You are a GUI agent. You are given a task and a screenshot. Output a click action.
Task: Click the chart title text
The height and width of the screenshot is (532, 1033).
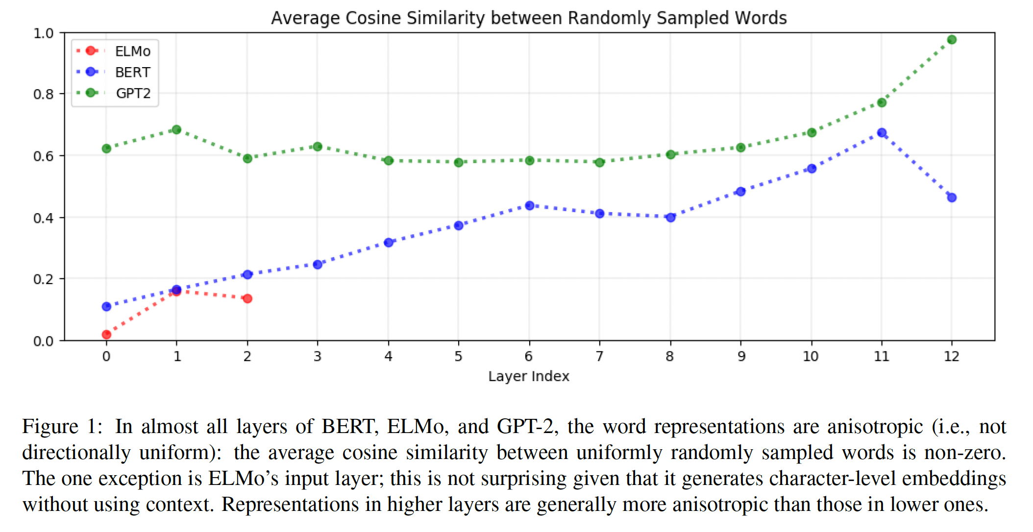pos(529,18)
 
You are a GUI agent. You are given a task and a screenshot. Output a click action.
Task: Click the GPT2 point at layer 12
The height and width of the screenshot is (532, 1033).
pos(952,40)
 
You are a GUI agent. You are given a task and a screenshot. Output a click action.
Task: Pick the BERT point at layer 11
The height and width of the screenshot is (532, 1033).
pos(882,133)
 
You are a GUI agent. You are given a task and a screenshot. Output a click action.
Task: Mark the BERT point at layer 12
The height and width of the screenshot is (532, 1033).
pos(952,198)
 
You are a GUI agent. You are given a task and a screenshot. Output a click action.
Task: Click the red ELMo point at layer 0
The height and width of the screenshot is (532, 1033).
pos(106,335)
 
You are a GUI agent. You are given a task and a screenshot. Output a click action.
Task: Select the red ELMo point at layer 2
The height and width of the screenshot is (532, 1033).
pos(247,298)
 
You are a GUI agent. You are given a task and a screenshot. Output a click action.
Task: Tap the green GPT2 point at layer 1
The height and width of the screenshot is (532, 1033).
pos(176,130)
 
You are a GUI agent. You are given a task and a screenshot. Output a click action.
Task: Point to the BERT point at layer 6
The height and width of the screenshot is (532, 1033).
pos(529,206)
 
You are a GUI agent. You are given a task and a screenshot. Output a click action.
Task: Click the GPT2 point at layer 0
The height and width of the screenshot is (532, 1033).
pos(106,148)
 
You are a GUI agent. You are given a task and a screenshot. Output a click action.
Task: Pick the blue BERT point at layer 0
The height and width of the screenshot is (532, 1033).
pos(106,307)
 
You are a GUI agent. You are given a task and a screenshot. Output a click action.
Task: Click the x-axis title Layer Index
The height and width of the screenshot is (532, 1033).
pos(529,376)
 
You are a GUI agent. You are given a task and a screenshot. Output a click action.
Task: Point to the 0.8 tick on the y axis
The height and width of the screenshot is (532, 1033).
pos(44,94)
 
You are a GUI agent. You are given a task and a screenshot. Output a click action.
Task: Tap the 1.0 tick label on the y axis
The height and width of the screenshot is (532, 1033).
pos(44,33)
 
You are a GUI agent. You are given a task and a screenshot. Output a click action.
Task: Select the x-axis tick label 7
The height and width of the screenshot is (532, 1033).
pos(599,356)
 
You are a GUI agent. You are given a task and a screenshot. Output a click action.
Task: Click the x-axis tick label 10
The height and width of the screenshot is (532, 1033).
pos(811,356)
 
